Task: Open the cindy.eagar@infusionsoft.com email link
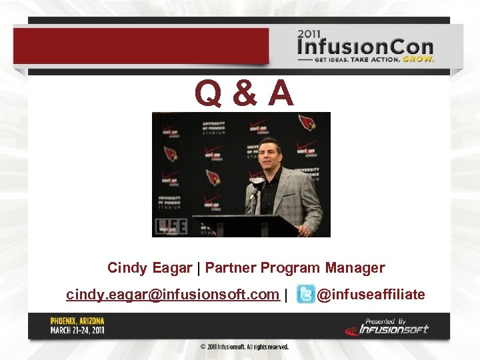[x=172, y=294]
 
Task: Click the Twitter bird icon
[x=305, y=295]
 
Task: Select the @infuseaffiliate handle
[x=371, y=294]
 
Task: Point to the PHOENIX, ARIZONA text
[x=77, y=321]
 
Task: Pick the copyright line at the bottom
[x=245, y=347]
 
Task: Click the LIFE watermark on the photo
[x=170, y=227]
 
